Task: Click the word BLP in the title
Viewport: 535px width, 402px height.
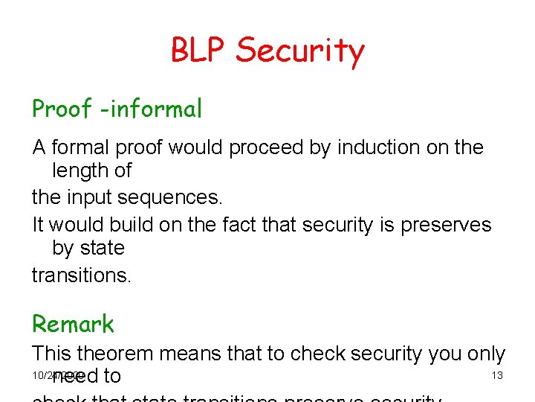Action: (x=198, y=50)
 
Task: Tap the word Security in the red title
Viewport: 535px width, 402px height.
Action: (x=300, y=51)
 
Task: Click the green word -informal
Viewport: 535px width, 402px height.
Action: (x=151, y=109)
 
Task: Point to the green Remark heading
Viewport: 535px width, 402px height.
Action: (x=73, y=325)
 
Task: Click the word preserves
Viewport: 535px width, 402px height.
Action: (x=446, y=225)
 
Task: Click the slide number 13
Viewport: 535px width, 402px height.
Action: (x=497, y=375)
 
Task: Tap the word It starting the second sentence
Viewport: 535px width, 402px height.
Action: (x=39, y=225)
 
